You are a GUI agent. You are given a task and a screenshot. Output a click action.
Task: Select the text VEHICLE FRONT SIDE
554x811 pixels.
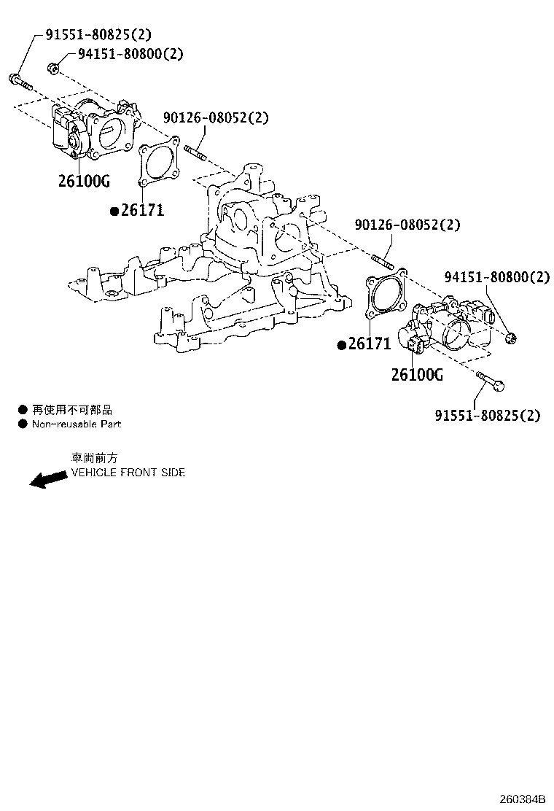[128, 472]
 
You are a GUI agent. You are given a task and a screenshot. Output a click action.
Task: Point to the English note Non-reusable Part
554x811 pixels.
[76, 424]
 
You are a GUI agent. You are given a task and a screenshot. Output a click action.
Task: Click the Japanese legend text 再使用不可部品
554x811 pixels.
[71, 410]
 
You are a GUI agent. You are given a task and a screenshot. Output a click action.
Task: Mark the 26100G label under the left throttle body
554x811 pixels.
[84, 181]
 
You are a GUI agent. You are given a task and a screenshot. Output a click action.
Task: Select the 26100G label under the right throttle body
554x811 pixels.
[417, 375]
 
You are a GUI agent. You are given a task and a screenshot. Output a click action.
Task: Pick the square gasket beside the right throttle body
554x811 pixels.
[384, 300]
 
